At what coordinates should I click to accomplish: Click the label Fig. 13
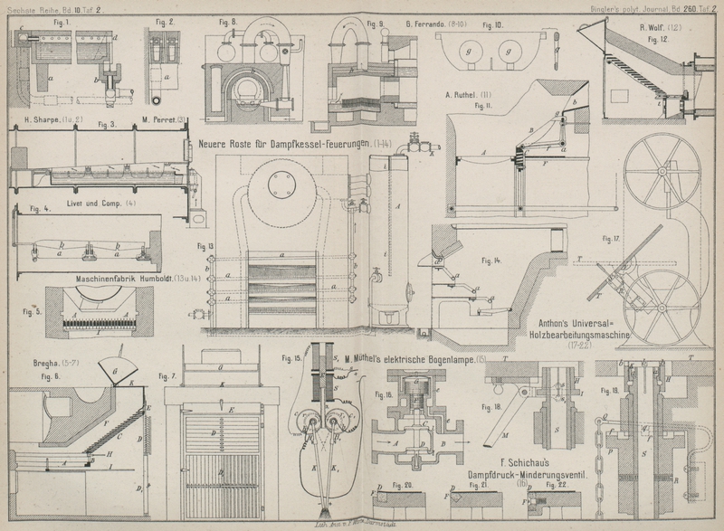tap(204, 245)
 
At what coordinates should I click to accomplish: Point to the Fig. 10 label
tap(497, 24)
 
